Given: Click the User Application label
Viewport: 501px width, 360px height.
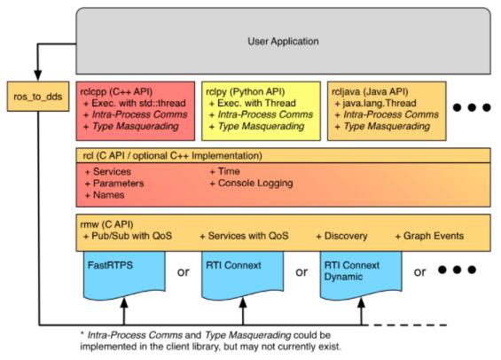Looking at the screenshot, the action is coord(283,41).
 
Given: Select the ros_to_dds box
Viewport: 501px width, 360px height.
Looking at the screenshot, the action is coord(38,97).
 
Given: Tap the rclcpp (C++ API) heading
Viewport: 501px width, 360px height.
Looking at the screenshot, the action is coord(116,91).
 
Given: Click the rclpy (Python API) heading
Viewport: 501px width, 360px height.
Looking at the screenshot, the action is coord(246,91).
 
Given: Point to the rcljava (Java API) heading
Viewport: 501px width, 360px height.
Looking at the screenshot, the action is coord(370,91).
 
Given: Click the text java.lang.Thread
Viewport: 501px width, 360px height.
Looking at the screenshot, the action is coord(380,103).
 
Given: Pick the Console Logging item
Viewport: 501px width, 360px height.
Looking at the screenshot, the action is coord(255,184).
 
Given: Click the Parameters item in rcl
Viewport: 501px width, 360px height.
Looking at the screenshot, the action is coord(118,184).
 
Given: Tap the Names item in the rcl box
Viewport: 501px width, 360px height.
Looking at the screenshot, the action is coord(109,195).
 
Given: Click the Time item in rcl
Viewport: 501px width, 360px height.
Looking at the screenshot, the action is coord(229,171).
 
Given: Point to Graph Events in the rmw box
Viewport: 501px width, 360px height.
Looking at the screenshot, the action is coord(434,236).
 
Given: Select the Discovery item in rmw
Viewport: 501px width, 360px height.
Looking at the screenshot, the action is coord(346,236).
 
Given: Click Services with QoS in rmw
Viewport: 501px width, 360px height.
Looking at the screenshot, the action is coord(248,236).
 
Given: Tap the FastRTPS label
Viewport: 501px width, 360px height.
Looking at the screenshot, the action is coord(110,265).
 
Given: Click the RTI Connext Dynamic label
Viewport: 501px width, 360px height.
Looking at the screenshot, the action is coord(352,270).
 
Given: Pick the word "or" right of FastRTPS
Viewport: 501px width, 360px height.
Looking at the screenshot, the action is coord(184,272).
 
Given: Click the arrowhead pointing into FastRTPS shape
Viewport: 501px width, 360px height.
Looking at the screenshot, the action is coord(124,302).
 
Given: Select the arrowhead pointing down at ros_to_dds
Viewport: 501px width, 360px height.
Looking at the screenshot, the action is coord(38,75).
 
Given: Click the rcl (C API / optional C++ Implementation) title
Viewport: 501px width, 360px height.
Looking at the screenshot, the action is coord(173,156).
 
